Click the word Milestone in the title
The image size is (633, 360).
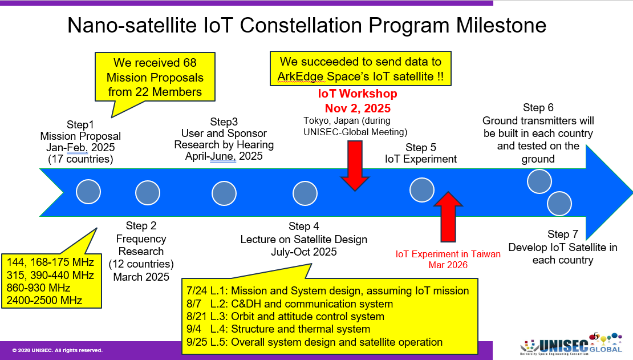tap(501, 25)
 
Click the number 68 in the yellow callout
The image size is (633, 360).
tap(189, 63)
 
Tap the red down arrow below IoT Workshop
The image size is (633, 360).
tap(355, 165)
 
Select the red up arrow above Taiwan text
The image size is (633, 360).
tap(448, 217)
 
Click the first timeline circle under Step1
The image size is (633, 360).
tap(88, 192)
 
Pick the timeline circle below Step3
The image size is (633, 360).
tap(224, 193)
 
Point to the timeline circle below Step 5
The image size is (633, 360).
tap(422, 190)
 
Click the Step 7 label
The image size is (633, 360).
tap(563, 234)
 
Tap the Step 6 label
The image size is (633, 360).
tap(538, 107)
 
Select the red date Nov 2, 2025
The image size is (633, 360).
tap(358, 108)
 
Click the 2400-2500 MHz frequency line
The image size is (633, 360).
tap(44, 300)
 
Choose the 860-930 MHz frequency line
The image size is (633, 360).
tap(38, 288)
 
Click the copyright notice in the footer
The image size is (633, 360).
tap(58, 350)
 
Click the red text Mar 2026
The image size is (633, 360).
tap(448, 265)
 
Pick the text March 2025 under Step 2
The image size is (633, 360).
tap(141, 277)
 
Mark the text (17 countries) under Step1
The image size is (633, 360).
tap(80, 159)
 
